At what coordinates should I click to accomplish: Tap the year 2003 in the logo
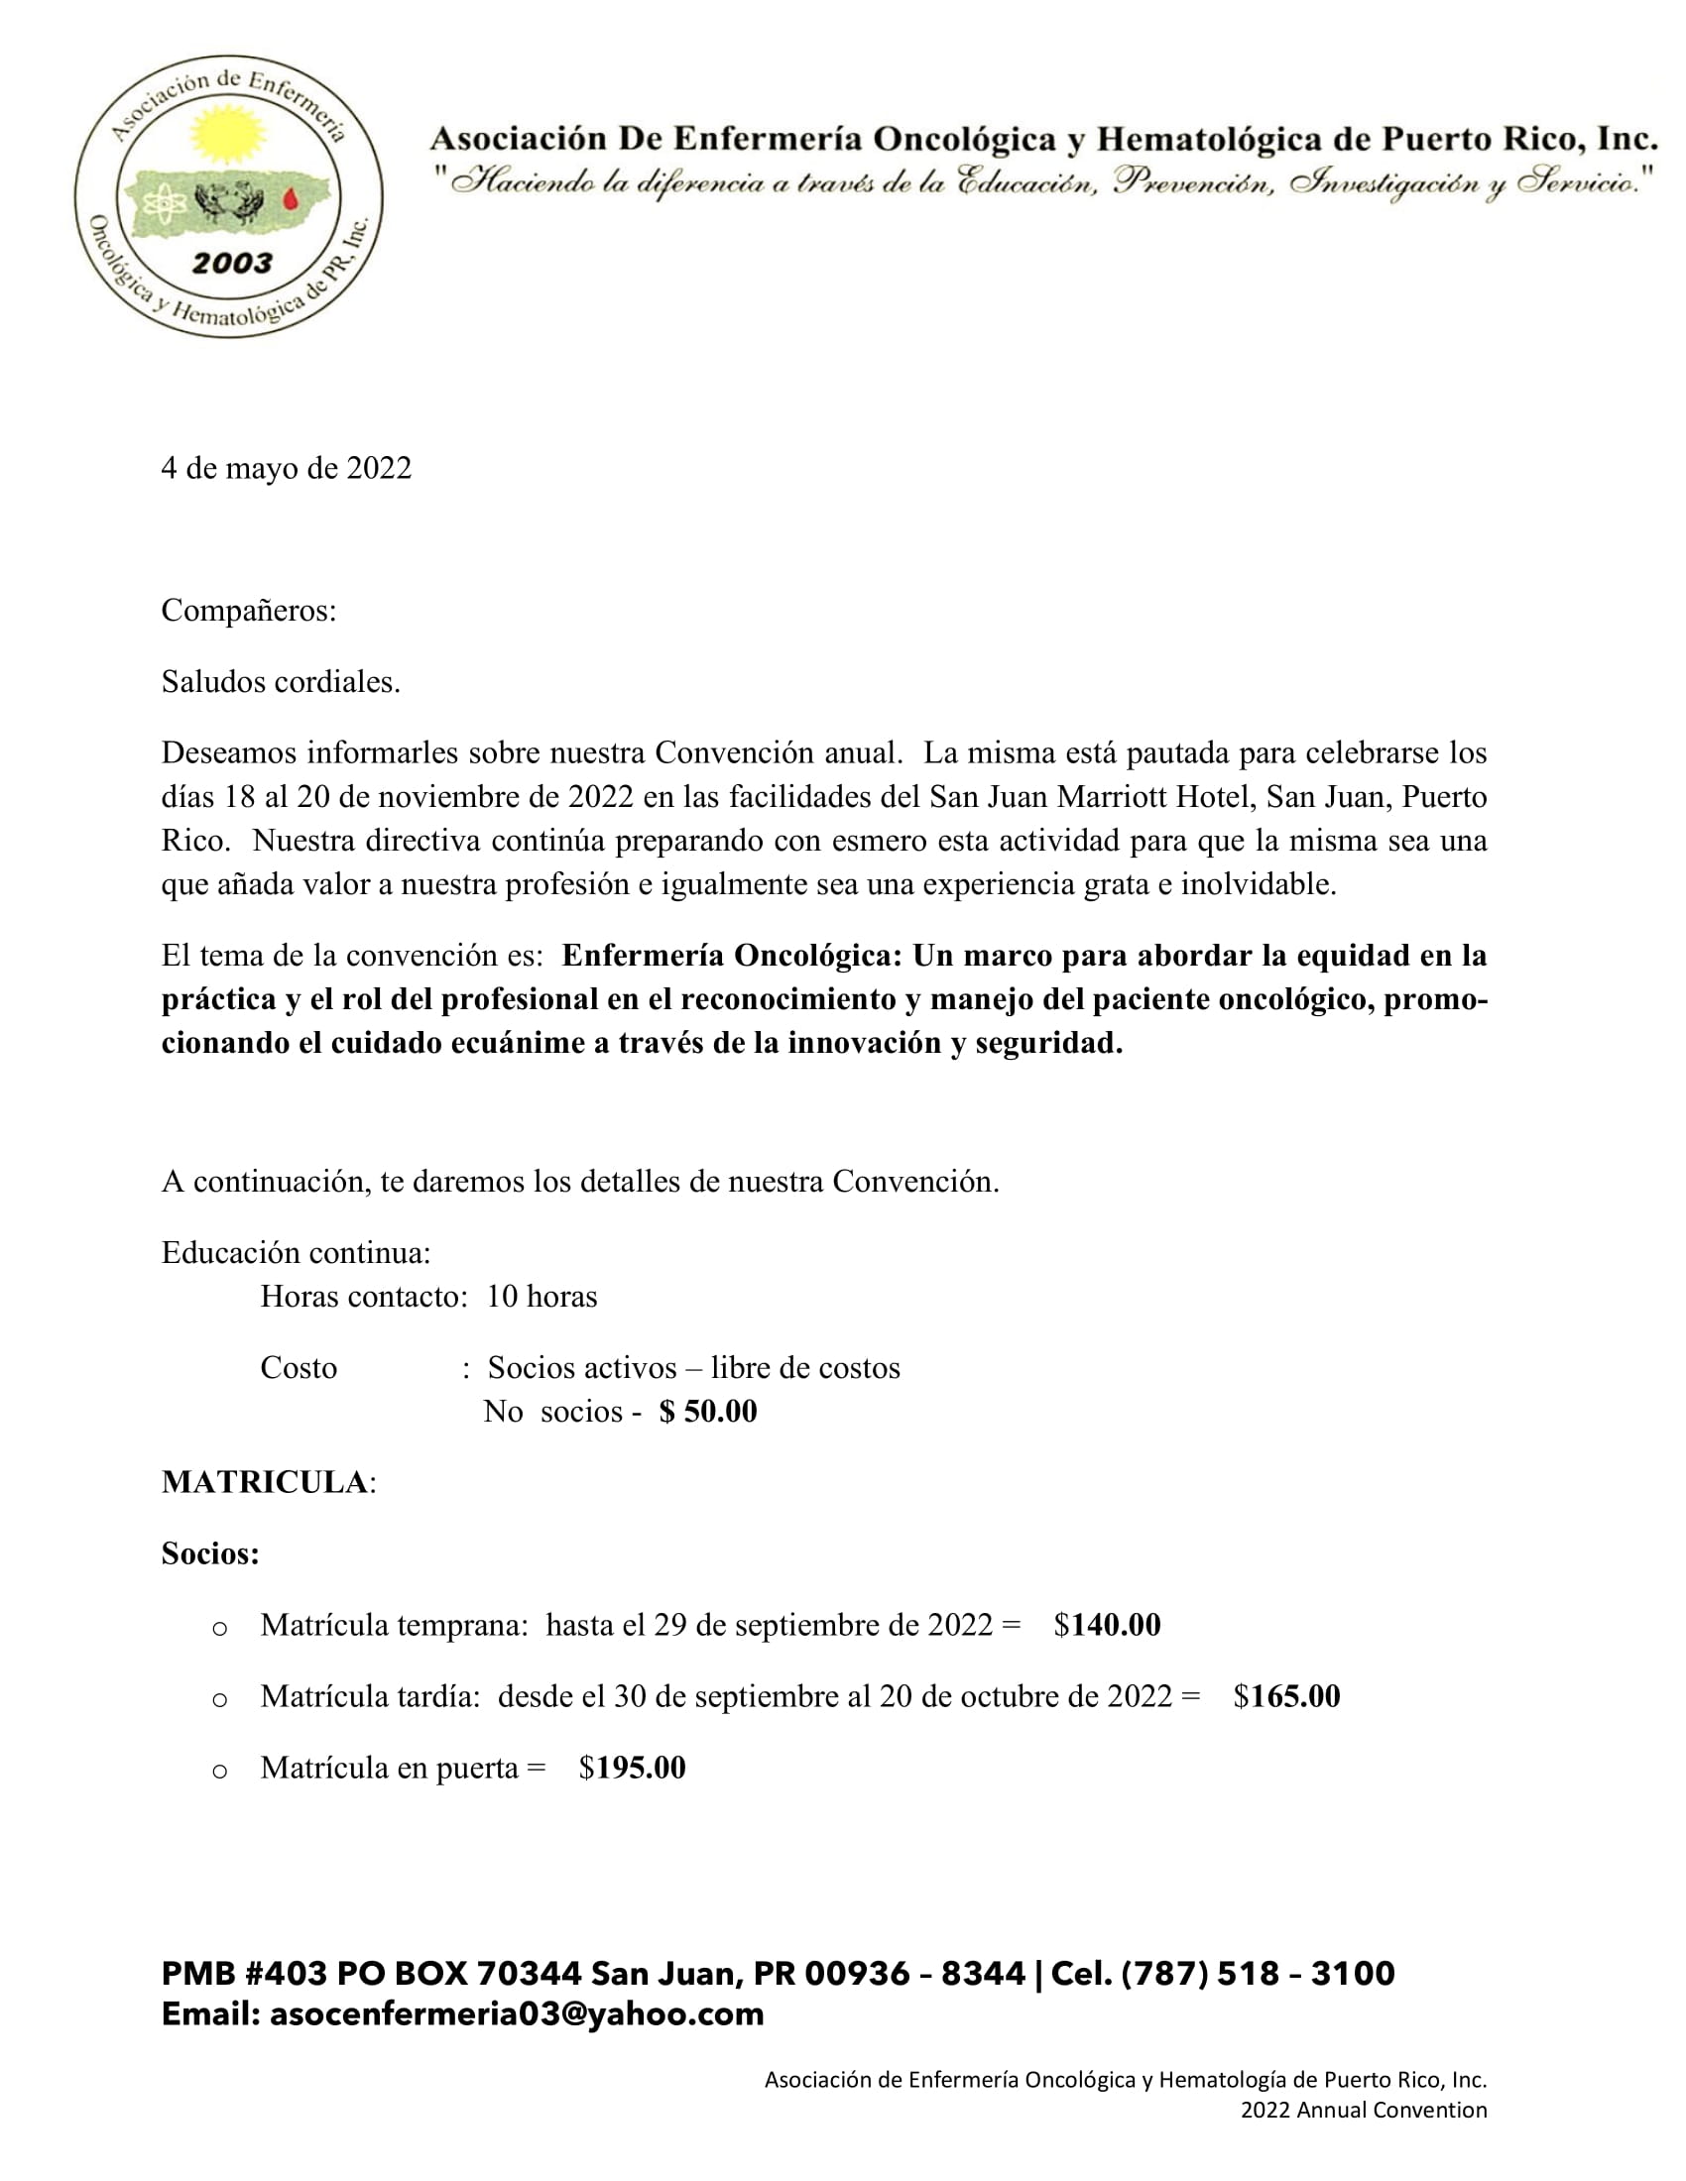[232, 263]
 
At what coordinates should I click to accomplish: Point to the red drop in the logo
[291, 200]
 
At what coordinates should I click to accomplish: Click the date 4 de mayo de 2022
[286, 468]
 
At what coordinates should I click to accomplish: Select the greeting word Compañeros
[248, 610]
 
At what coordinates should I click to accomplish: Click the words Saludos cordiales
[281, 682]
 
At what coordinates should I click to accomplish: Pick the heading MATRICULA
[265, 1482]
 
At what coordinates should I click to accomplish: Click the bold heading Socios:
[209, 1553]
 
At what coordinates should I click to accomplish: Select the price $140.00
[1107, 1625]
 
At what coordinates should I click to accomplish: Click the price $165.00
[1286, 1695]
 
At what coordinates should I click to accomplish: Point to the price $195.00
[633, 1768]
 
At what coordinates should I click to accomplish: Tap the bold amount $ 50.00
[708, 1411]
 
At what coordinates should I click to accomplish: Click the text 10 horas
[542, 1297]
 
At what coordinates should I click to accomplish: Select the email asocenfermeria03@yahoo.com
[517, 2013]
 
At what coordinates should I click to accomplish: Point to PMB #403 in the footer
[245, 1973]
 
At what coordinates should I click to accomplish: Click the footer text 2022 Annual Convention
[1364, 2109]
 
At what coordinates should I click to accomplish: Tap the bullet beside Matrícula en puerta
[220, 1771]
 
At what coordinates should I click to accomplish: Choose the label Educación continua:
[296, 1252]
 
